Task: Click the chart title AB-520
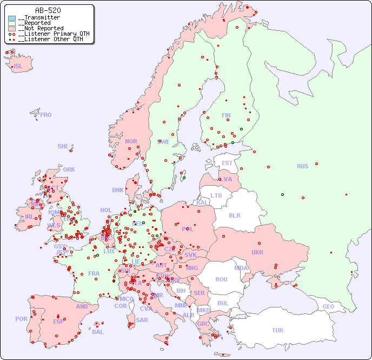(x=48, y=10)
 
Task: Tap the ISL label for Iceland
(x=18, y=67)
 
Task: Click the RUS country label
(x=302, y=166)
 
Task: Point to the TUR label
(x=277, y=330)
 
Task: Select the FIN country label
(x=226, y=115)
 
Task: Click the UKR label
(x=257, y=252)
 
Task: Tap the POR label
(x=21, y=319)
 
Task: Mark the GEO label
(x=328, y=306)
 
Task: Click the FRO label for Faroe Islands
(x=46, y=115)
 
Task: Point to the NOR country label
(x=131, y=141)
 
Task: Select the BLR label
(x=234, y=215)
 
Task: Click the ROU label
(x=221, y=279)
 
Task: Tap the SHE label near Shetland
(x=63, y=146)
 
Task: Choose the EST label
(x=227, y=163)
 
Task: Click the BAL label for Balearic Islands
(x=98, y=332)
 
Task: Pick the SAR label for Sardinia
(x=142, y=320)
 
